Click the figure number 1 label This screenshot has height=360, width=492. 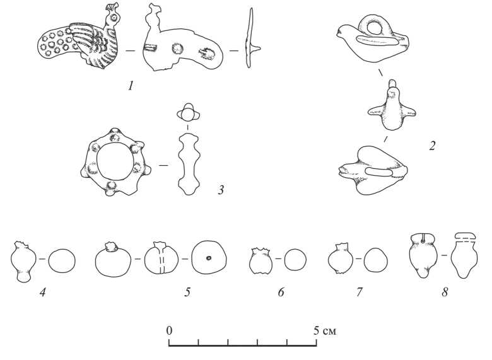click(131, 85)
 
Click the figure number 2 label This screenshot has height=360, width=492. click(432, 146)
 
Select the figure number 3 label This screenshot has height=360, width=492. click(221, 189)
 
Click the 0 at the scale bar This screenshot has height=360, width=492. click(169, 330)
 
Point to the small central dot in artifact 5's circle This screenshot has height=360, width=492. click(208, 258)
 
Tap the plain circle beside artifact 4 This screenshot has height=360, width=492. click(62, 259)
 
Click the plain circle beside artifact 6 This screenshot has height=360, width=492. click(295, 259)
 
